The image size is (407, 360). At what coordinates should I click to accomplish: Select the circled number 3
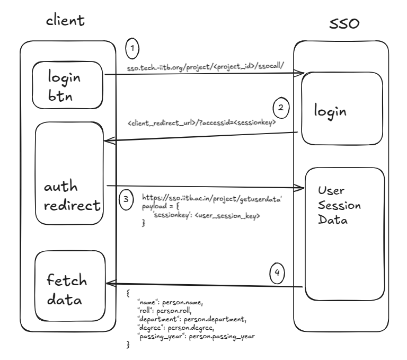(125, 200)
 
